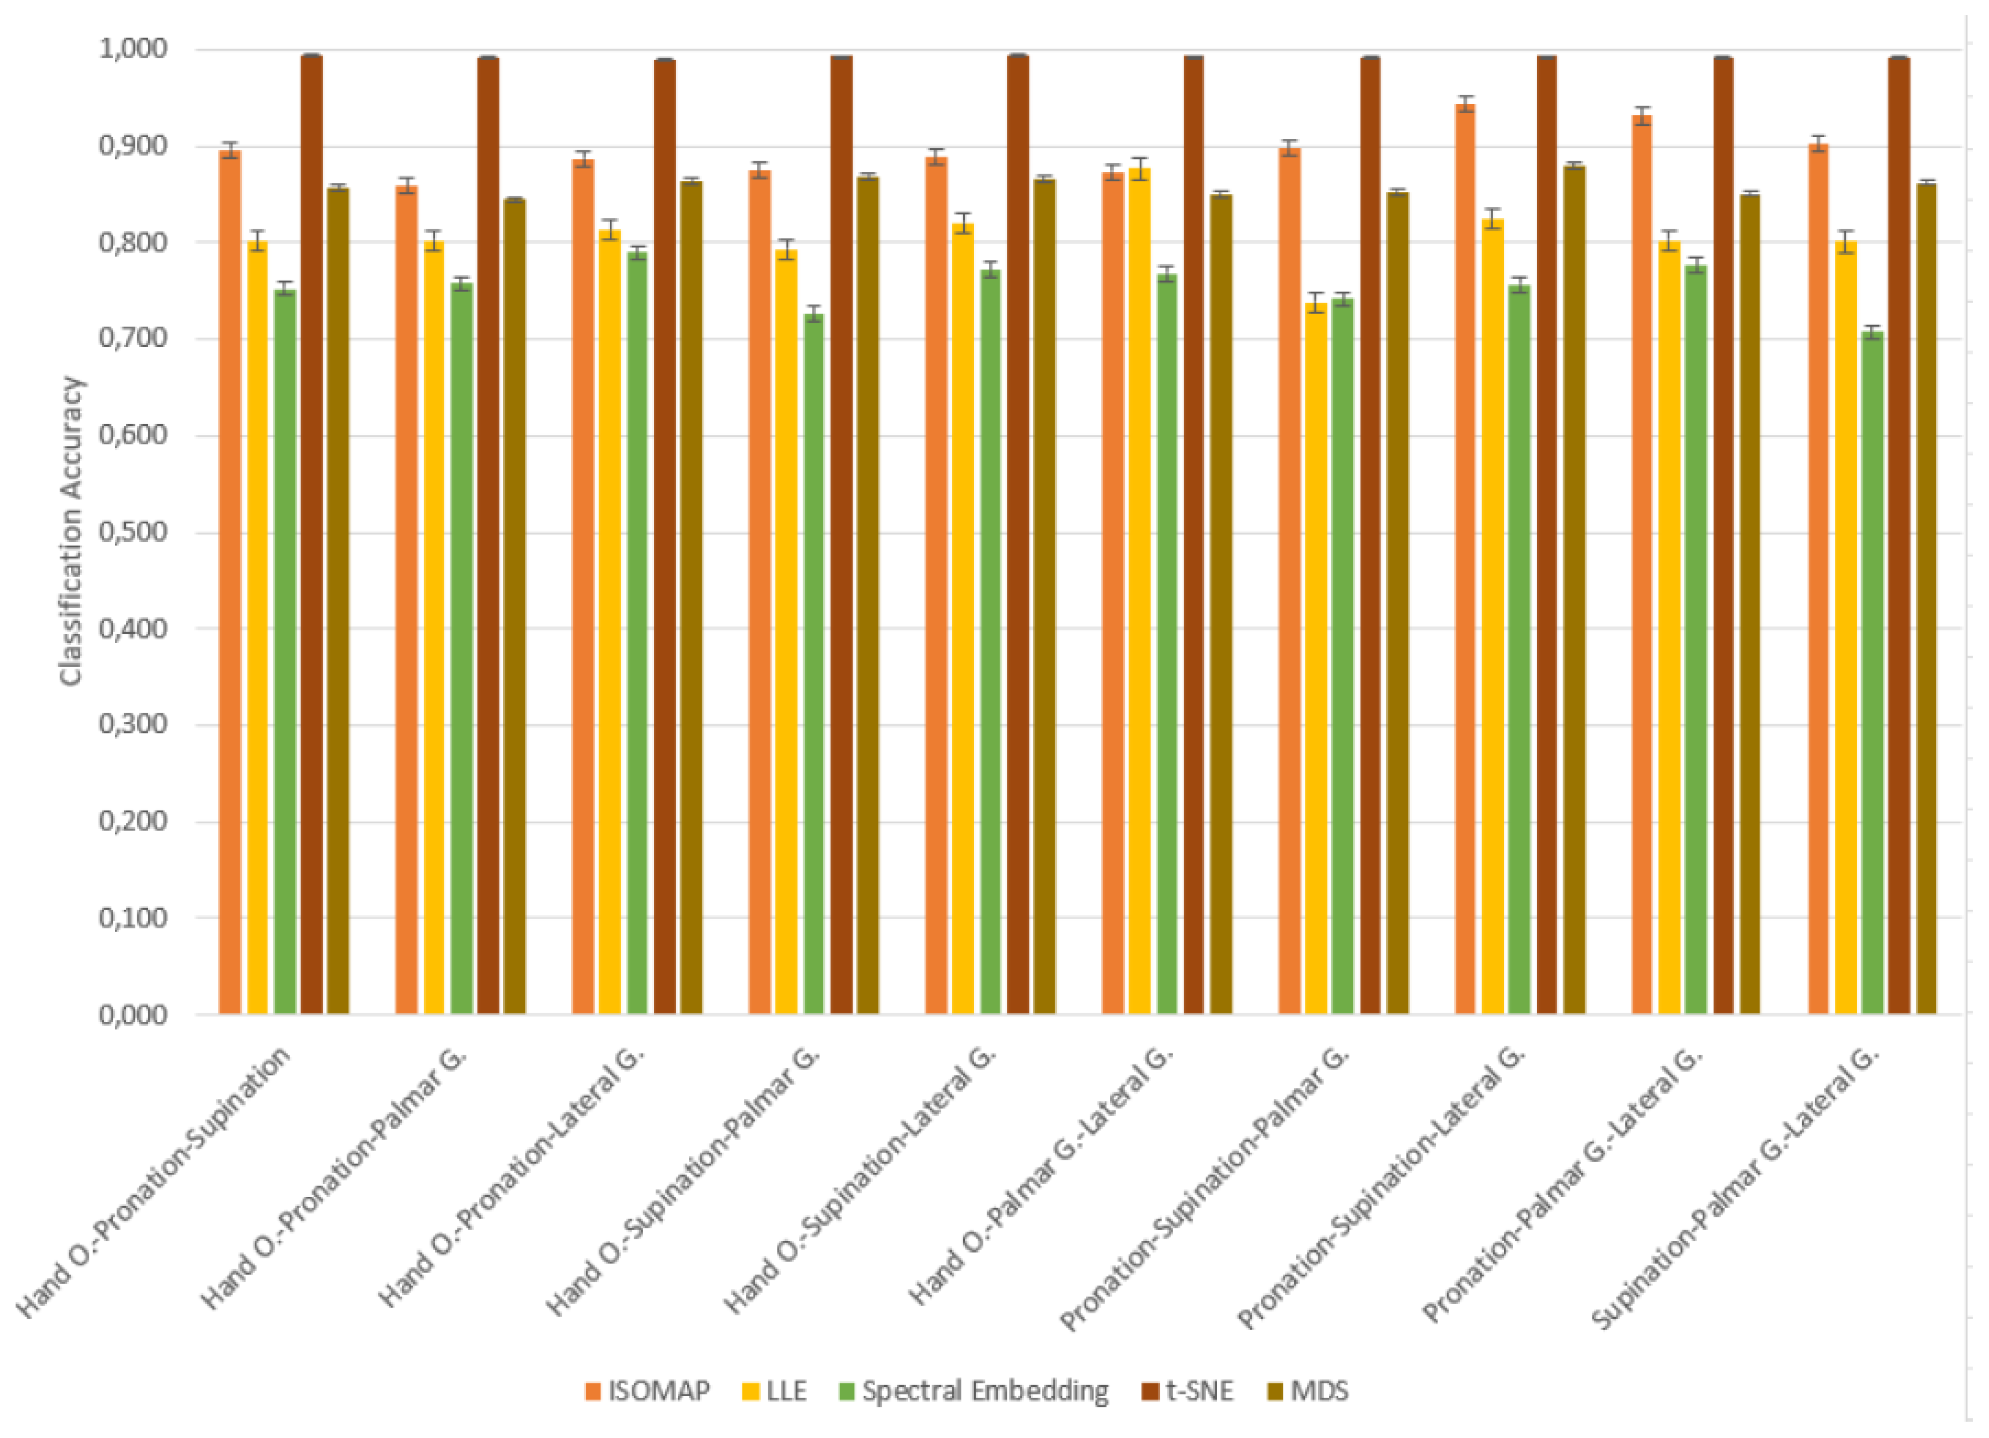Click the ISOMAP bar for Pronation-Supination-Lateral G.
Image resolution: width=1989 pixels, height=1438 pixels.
click(1465, 561)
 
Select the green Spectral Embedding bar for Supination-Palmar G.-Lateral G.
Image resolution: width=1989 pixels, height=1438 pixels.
click(1872, 675)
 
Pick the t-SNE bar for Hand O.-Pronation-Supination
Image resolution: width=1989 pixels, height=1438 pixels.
click(311, 535)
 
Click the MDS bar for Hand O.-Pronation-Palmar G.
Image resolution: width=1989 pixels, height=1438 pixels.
click(515, 605)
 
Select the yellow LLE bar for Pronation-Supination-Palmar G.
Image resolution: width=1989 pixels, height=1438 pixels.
click(1315, 658)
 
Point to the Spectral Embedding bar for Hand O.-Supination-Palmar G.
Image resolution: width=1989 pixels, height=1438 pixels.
click(814, 666)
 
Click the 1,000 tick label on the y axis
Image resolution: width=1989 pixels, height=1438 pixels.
click(133, 49)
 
